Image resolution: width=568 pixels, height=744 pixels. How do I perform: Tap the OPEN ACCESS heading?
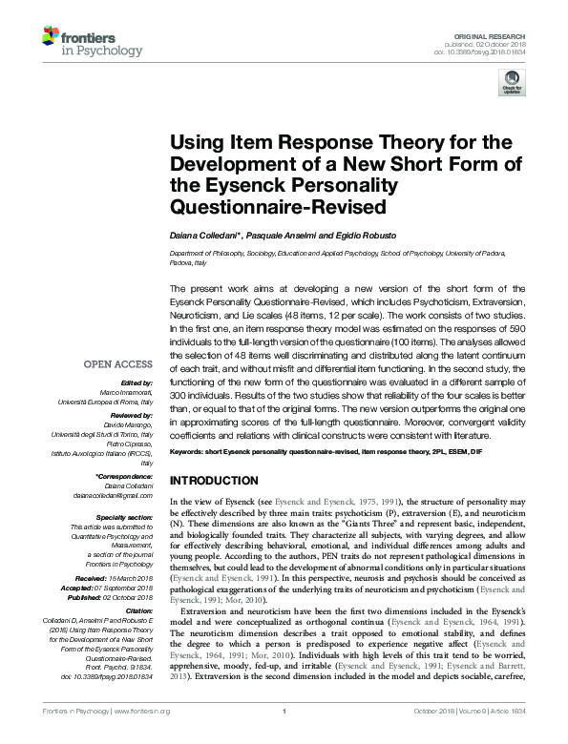[x=117, y=364]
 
